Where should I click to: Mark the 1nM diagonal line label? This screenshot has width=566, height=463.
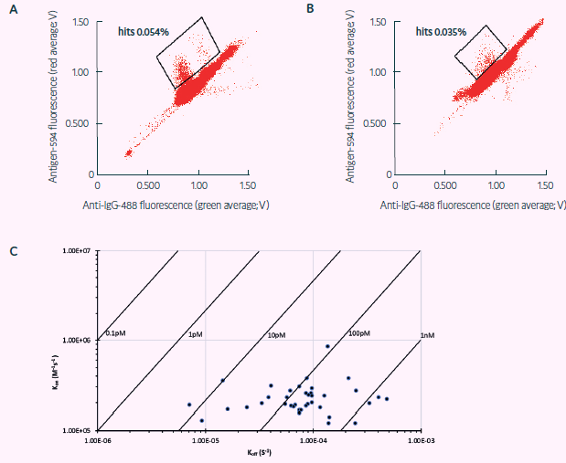click(x=427, y=334)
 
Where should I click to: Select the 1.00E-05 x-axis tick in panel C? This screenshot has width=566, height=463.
click(x=205, y=437)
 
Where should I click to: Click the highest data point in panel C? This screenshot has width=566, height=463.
click(x=327, y=346)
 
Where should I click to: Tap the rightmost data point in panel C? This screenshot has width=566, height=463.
click(x=387, y=399)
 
